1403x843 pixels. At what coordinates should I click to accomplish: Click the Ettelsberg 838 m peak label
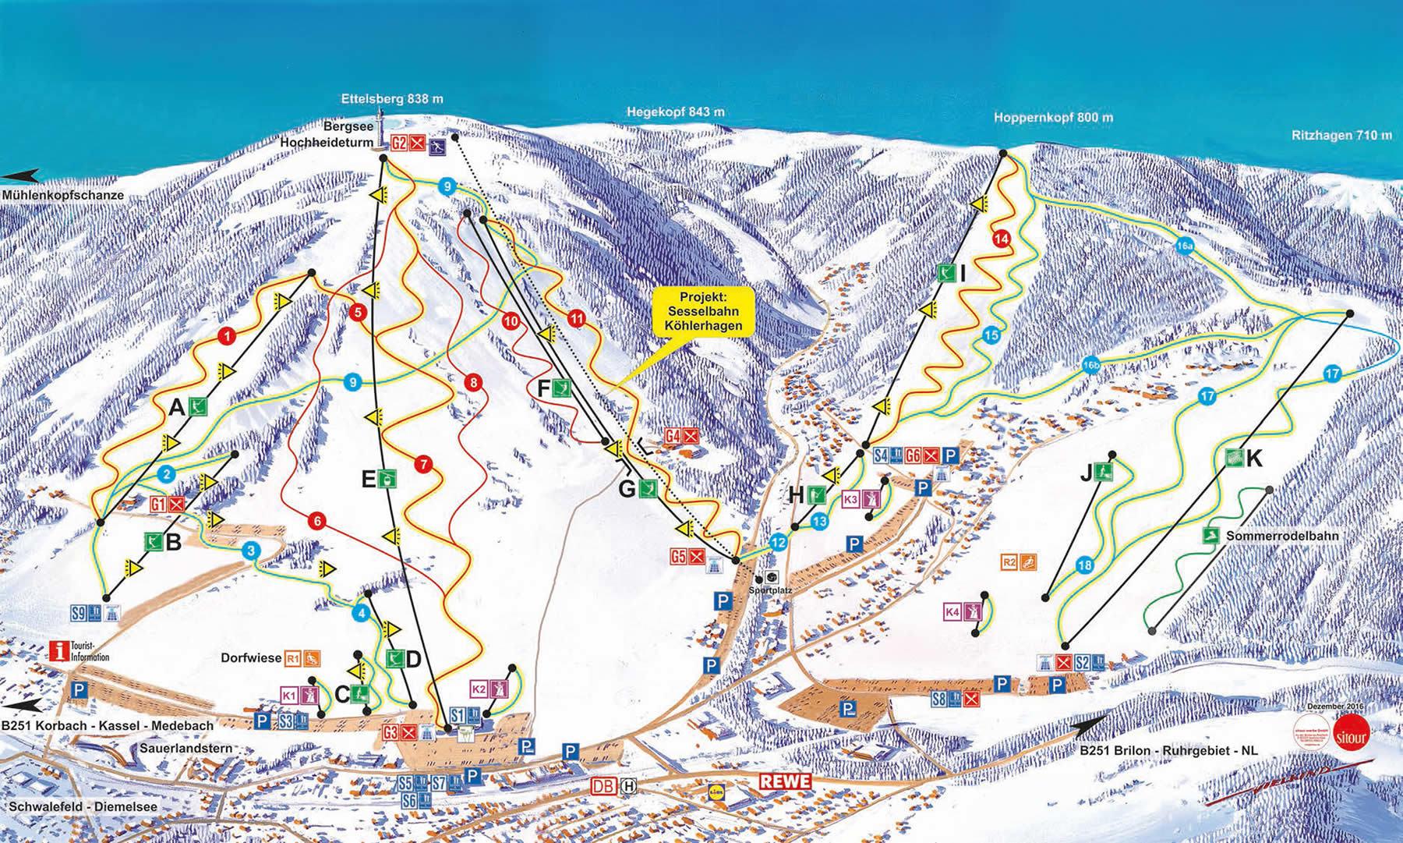392,99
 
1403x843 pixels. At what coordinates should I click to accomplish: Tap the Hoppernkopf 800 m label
1054,118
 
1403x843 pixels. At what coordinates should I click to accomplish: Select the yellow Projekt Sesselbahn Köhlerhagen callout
705,311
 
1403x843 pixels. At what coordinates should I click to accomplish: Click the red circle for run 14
1002,239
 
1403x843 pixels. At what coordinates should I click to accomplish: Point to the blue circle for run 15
991,335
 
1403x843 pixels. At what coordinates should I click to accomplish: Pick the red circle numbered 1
226,336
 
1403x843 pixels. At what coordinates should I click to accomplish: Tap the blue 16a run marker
1185,246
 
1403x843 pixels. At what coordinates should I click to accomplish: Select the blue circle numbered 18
1084,566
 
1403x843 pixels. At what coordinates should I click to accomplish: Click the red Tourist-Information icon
59,650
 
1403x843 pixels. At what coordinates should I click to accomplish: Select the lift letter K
1253,459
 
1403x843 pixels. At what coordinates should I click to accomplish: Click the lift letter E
369,479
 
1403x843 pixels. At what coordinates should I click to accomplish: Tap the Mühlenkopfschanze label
62,196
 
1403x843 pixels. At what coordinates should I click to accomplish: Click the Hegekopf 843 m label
675,112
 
